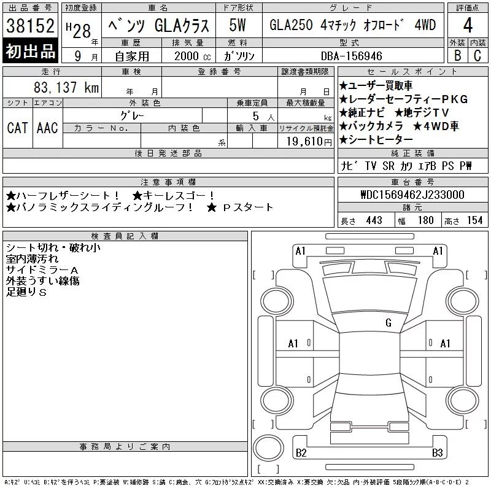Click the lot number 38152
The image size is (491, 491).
point(30,26)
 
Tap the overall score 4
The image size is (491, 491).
point(468,25)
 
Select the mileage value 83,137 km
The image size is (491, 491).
point(66,87)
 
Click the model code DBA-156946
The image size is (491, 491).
point(352,56)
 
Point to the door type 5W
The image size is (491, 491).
point(238,25)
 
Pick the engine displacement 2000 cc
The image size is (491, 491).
point(193,56)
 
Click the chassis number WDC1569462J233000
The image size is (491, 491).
point(412,195)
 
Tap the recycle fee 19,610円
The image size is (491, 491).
point(309,142)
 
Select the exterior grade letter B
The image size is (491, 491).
point(457,56)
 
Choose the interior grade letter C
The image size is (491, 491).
point(477,56)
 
